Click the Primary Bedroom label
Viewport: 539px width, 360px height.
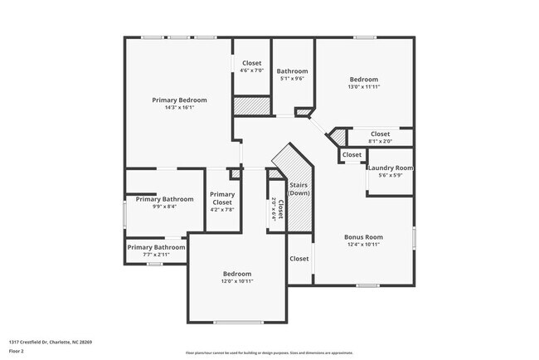point(179,100)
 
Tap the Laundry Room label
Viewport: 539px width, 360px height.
point(390,168)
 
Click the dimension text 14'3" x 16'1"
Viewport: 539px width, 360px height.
point(179,107)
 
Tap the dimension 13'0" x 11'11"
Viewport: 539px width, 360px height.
point(363,86)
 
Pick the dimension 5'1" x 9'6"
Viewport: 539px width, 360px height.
point(292,79)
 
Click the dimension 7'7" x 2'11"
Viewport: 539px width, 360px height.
point(156,255)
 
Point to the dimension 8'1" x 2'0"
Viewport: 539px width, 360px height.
point(380,141)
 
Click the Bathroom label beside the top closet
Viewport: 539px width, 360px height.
point(292,71)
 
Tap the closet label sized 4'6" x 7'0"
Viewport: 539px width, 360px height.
point(252,64)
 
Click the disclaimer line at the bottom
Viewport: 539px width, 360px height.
point(269,353)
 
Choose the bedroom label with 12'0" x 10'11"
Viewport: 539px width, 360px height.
point(236,274)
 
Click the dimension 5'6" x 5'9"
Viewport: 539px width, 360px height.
point(390,175)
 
